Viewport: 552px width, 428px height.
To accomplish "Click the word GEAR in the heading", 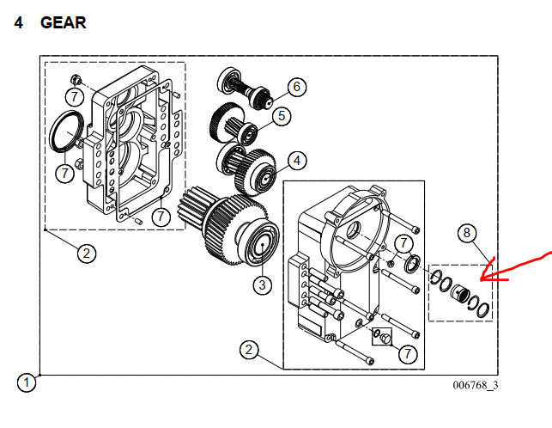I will tap(63, 23).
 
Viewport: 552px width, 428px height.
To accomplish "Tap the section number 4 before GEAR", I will tap(18, 23).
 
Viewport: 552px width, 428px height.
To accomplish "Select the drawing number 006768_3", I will tap(476, 384).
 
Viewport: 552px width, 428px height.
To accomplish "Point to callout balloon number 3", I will tap(262, 284).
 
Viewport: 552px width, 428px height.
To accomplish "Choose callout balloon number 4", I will tap(295, 160).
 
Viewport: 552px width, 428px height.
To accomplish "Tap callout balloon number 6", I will tap(295, 87).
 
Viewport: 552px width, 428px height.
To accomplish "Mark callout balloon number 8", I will tap(467, 232).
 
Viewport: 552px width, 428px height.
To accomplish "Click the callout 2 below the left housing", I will tap(86, 254).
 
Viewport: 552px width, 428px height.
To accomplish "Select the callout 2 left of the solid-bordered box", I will tap(249, 350).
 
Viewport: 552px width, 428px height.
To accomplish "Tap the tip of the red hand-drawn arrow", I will tap(482, 279).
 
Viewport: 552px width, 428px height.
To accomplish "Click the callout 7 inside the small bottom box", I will tap(405, 352).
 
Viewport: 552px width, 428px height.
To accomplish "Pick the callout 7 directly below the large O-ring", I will tap(64, 174).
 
